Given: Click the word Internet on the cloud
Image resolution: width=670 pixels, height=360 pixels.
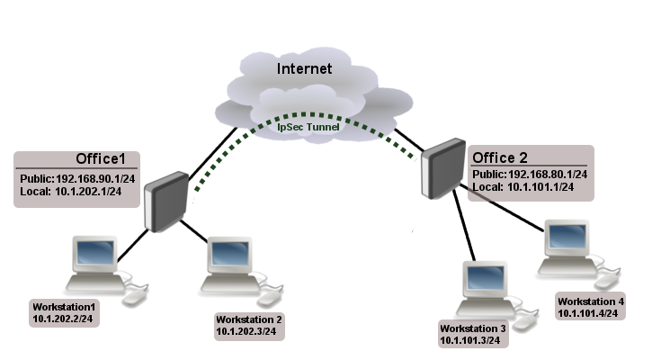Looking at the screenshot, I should tap(304, 68).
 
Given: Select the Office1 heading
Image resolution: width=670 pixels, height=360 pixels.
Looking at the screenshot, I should tap(112, 159).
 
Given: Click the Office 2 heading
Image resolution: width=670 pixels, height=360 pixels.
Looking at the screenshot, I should tap(505, 157).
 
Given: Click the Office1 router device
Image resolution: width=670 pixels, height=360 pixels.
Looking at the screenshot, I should tap(168, 201).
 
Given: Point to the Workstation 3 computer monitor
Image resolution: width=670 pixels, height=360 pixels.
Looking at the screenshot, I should tap(483, 280).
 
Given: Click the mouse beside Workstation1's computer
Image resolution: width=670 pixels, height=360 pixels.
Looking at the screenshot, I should tap(135, 296).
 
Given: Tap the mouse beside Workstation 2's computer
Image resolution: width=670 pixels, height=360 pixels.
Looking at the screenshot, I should tap(271, 296).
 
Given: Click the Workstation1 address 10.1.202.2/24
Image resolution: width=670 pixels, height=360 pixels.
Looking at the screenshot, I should tap(64, 318).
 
